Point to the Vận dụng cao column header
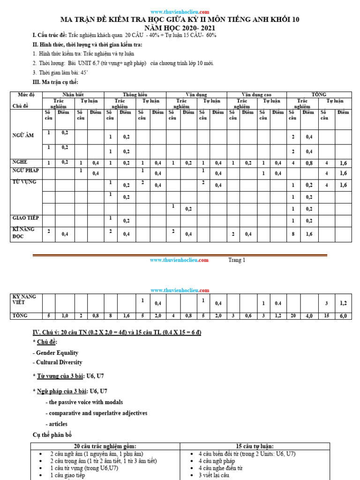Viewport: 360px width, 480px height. click(x=256, y=95)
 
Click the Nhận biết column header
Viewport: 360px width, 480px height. click(x=73, y=95)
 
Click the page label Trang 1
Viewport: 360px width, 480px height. click(x=237, y=260)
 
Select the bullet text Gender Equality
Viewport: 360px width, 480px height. click(x=55, y=352)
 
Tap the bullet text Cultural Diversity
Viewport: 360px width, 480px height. click(x=57, y=362)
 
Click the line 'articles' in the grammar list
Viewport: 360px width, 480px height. click(x=57, y=424)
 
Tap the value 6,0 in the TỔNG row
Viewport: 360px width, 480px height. click(x=343, y=316)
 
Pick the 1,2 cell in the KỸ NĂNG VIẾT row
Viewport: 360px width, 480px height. click(x=343, y=303)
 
